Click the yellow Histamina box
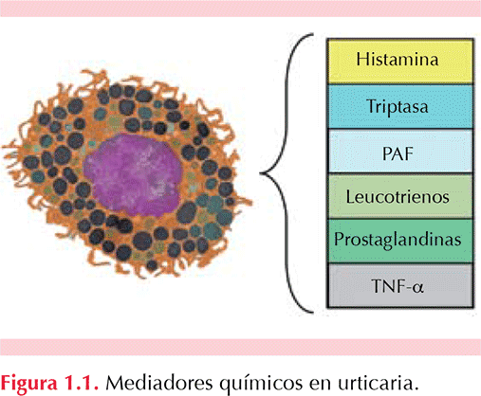400,61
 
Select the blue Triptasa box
400,106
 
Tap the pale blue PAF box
400,151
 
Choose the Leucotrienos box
400,196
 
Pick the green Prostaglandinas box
400,241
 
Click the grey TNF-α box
400,285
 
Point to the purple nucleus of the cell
133,174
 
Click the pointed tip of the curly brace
260,173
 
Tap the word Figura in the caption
28,383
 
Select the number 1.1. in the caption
82,383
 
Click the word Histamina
398,59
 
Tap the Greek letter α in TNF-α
418,287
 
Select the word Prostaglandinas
398,240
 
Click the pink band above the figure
240,9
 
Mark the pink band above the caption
240,347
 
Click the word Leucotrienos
398,197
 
